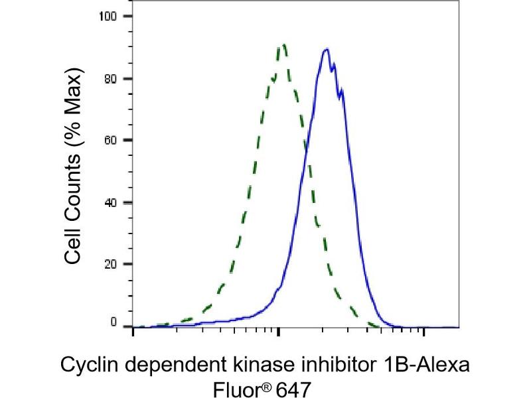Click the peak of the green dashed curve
(x=284, y=44)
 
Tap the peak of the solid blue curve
(x=325, y=49)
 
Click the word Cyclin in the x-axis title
(x=83, y=364)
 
